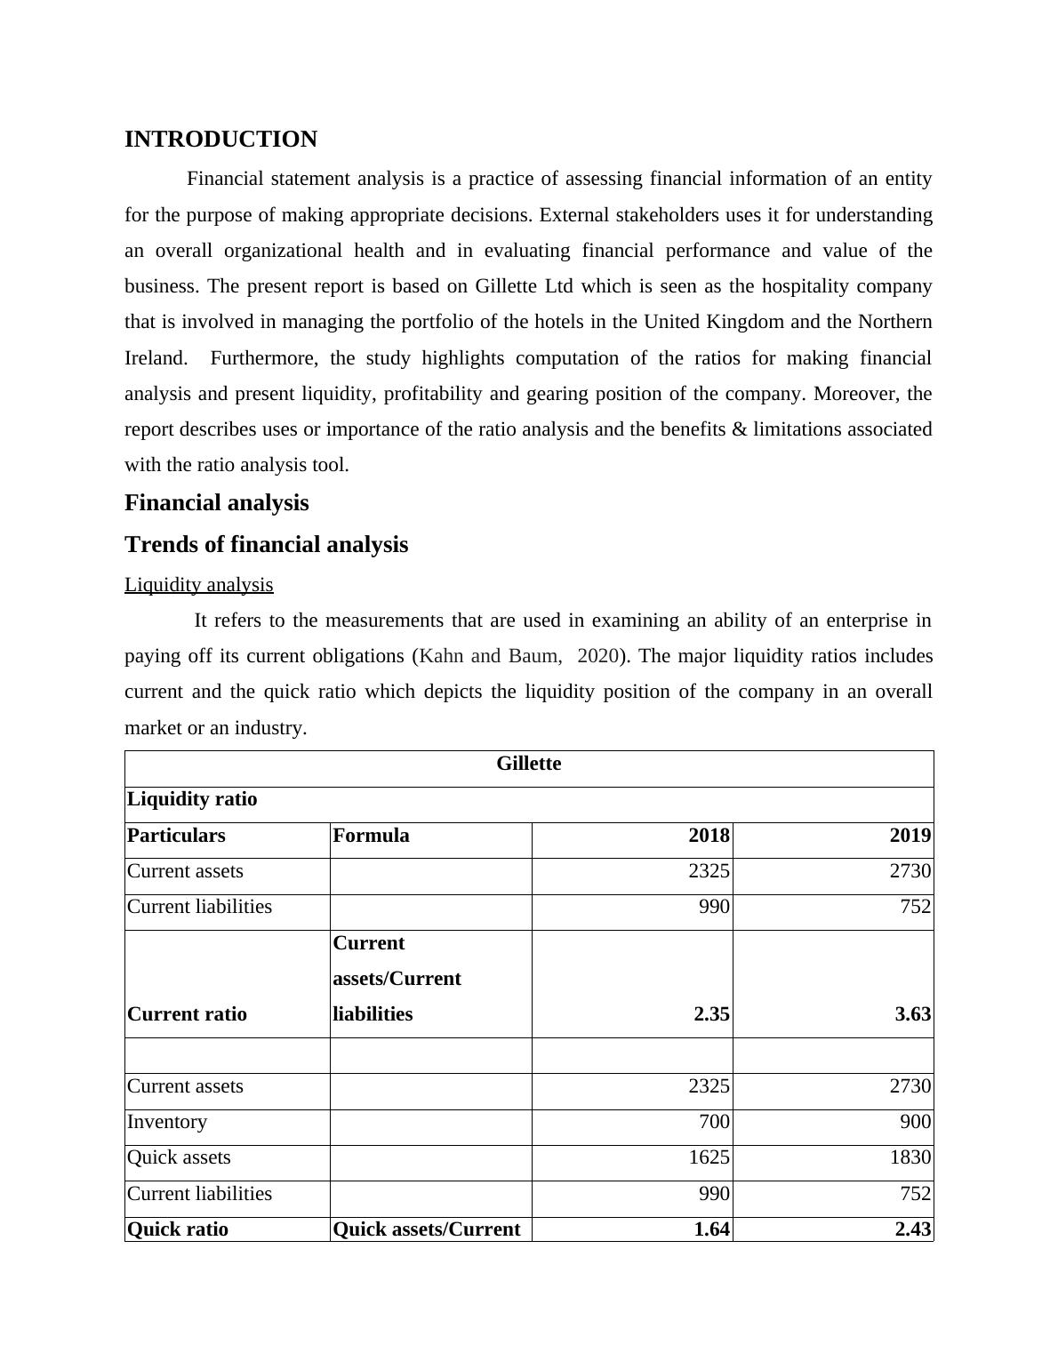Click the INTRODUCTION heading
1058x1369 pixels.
click(x=220, y=140)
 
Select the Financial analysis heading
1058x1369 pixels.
click(x=216, y=503)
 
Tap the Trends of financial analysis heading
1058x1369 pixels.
click(x=266, y=545)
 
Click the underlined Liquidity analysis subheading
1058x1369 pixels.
click(x=198, y=585)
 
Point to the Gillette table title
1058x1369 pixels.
click(x=528, y=764)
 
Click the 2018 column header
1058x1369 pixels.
click(x=709, y=836)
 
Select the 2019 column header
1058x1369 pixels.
click(x=910, y=836)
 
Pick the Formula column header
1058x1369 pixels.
click(x=371, y=836)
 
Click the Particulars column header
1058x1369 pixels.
click(x=176, y=836)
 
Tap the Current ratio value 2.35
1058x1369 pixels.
click(x=711, y=1014)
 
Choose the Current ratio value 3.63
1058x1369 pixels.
click(x=912, y=1014)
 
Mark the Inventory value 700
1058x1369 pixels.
click(x=714, y=1122)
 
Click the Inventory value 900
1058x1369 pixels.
click(x=915, y=1122)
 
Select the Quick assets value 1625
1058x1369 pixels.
click(x=709, y=1157)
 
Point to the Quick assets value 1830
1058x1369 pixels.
click(x=910, y=1157)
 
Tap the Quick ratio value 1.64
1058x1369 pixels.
click(x=711, y=1229)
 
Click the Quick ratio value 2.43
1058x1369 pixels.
click(x=912, y=1229)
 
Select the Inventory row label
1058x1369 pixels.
click(x=167, y=1122)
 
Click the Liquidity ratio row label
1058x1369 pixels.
click(x=192, y=799)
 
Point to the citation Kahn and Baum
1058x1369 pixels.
click(x=490, y=656)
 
